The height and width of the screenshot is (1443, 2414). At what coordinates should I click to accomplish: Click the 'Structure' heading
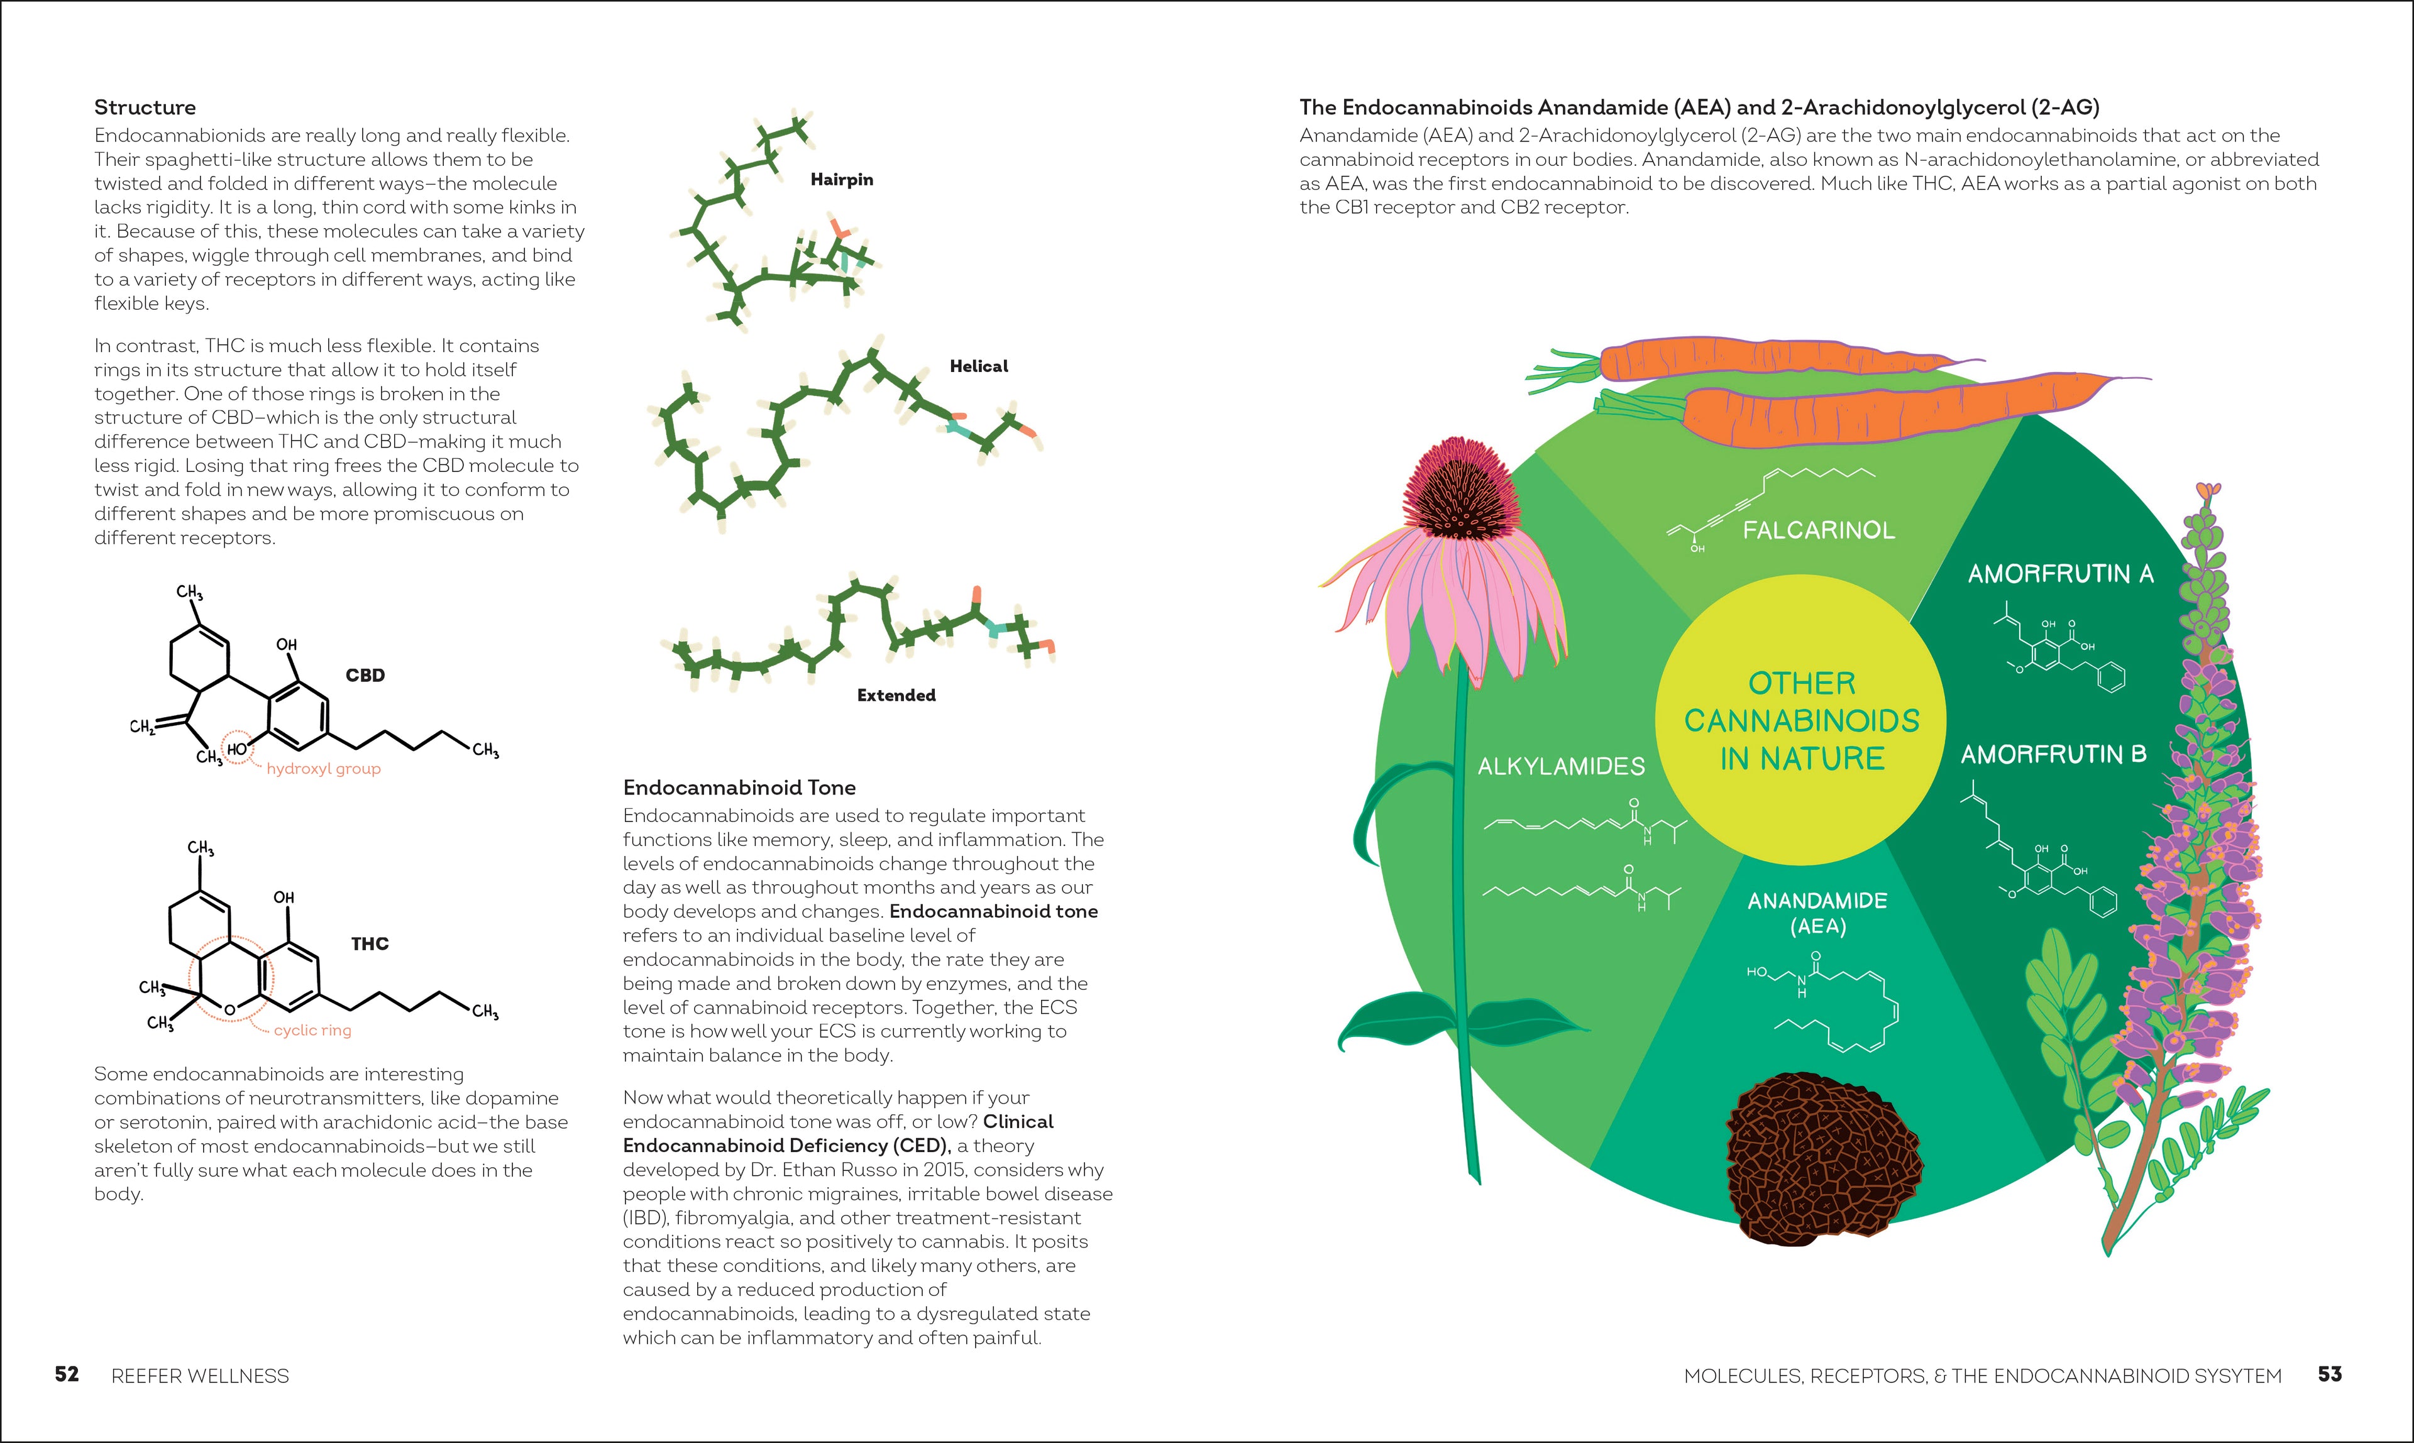click(145, 107)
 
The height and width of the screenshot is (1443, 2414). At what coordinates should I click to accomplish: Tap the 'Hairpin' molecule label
click(841, 180)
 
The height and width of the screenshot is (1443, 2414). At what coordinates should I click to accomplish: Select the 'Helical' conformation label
click(978, 366)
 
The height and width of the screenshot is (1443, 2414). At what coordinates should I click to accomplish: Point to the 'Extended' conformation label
click(896, 695)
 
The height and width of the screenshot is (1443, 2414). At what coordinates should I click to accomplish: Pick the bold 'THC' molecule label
click(370, 944)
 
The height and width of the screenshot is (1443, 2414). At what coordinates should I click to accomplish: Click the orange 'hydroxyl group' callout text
click(323, 769)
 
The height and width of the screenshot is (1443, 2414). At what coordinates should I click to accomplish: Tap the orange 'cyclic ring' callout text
click(312, 1031)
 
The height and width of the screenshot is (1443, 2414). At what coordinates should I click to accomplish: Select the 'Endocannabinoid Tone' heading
click(739, 787)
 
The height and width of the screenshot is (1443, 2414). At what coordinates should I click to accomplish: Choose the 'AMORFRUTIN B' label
click(2052, 755)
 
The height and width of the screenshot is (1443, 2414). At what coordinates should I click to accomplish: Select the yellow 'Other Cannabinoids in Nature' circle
click(1801, 720)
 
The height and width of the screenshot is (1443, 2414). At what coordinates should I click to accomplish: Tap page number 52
click(66, 1375)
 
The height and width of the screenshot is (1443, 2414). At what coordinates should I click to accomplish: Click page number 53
click(2329, 1375)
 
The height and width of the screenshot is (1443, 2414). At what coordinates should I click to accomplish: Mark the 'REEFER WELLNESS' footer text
click(201, 1376)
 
